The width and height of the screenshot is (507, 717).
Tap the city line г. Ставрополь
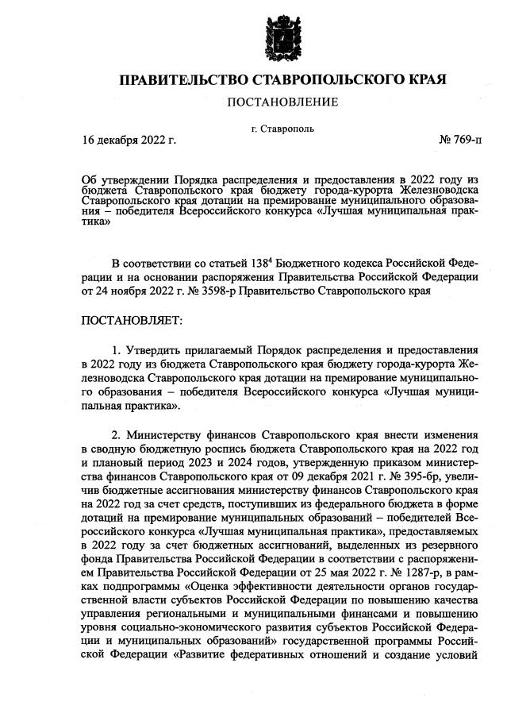click(x=283, y=128)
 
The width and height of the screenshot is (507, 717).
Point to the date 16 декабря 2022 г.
click(x=129, y=141)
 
